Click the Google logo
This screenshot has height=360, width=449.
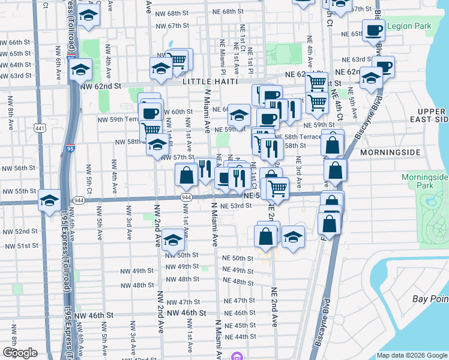tap(20, 353)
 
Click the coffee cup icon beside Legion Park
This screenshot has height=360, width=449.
tap(373, 31)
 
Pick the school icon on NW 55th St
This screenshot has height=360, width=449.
tap(49, 200)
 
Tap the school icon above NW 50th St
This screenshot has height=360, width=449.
tap(173, 241)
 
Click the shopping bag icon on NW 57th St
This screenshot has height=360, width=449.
tap(187, 176)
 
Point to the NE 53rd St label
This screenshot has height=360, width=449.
tap(235, 206)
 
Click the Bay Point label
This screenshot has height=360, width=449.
tap(430, 299)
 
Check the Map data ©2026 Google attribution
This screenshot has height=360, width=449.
tap(411, 355)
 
